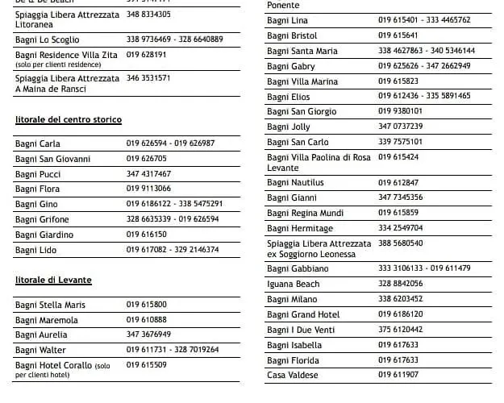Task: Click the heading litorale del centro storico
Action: pos(69,119)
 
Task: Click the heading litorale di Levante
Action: pos(53,280)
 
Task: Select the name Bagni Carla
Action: pos(37,143)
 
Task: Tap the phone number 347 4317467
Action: pos(148,174)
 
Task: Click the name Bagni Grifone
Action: pos(42,219)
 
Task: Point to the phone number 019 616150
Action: pos(147,235)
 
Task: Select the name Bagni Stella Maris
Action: pos(50,305)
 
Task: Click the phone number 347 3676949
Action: pos(148,334)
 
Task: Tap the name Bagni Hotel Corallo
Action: pos(53,365)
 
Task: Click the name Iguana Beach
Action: pos(293,284)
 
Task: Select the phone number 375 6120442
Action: pos(400,329)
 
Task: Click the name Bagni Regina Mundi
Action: pos(305,213)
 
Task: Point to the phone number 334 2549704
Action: pos(400,228)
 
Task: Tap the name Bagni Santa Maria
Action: pos(302,51)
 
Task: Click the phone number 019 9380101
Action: pos(400,111)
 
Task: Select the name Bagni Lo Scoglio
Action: pos(48,39)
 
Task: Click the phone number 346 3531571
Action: pos(148,78)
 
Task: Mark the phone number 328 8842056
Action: pos(400,284)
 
